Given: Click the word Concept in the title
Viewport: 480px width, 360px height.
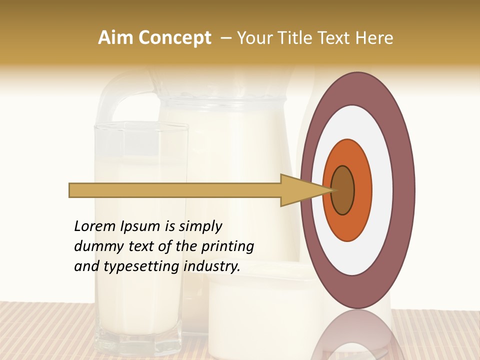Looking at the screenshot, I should point(175,38).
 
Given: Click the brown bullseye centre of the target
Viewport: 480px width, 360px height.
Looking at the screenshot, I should point(342,190).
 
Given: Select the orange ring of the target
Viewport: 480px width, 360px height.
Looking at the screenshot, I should point(362,190).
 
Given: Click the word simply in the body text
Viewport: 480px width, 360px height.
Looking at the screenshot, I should point(200,227).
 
